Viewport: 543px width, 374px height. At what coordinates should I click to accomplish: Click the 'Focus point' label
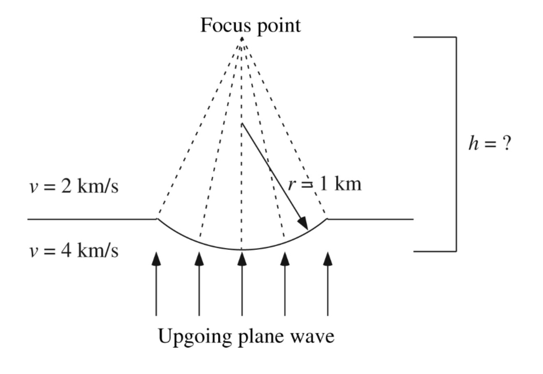[x=250, y=25]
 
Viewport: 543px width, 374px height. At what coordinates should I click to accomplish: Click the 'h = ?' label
[x=489, y=144]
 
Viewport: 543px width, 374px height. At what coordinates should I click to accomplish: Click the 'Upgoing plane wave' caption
[x=246, y=337]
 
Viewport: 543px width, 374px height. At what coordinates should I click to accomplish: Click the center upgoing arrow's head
[x=242, y=258]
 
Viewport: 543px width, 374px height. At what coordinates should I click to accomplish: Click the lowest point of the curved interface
[x=242, y=249]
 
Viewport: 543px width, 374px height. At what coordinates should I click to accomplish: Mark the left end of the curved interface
[x=157, y=219]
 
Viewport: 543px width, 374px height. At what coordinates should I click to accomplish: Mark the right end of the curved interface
[x=327, y=219]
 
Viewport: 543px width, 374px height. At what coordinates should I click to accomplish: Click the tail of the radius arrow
[x=243, y=124]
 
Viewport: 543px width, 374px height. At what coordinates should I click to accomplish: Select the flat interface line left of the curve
[x=91, y=219]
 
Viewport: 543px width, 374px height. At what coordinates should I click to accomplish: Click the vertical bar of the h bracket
[x=456, y=144]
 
